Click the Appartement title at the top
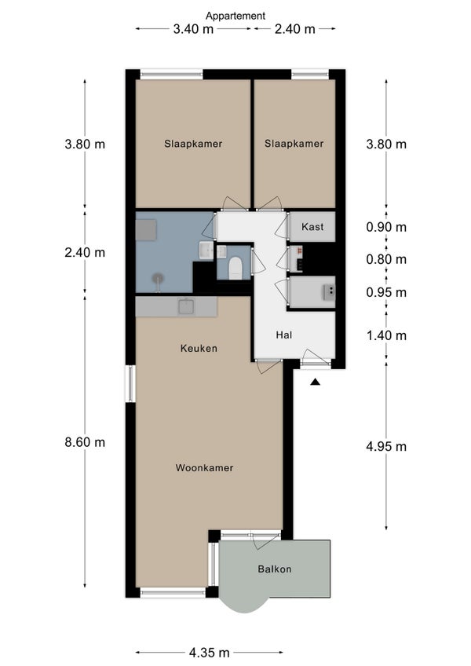[x=235, y=16]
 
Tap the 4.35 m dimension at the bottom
[x=210, y=652]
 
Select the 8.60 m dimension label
[x=85, y=442]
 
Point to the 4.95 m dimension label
[x=386, y=446]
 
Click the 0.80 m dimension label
[x=386, y=259]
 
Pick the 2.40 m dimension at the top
[x=294, y=29]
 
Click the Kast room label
[x=312, y=227]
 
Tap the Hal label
[x=284, y=335]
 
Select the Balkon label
[x=275, y=569]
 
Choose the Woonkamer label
[x=204, y=467]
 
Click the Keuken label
[x=199, y=349]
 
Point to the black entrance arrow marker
[x=315, y=382]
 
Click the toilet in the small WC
[x=235, y=269]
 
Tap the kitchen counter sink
[x=186, y=306]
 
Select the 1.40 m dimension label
[x=386, y=335]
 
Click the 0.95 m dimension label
[x=386, y=292]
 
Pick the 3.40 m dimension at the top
[x=193, y=29]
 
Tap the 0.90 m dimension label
[x=386, y=227]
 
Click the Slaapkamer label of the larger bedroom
[x=193, y=144]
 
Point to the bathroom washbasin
[x=206, y=251]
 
